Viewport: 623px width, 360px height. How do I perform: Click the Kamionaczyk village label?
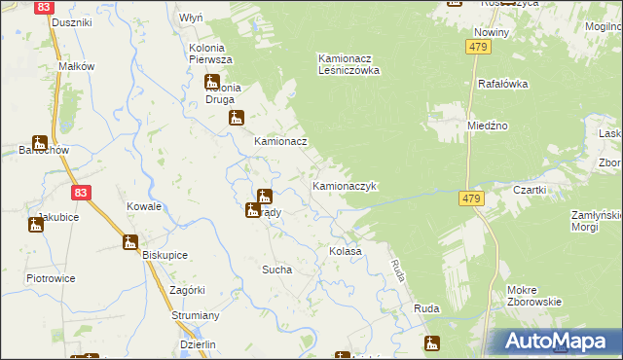(x=344, y=185)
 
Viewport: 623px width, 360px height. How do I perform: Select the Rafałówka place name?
(x=502, y=84)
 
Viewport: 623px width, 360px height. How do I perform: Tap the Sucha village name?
(x=276, y=270)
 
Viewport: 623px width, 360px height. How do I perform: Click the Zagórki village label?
(x=186, y=290)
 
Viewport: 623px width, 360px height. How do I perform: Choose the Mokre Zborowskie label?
(x=534, y=295)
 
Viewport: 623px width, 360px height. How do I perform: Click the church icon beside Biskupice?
(x=130, y=242)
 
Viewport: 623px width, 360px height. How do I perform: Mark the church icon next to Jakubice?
(x=36, y=225)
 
